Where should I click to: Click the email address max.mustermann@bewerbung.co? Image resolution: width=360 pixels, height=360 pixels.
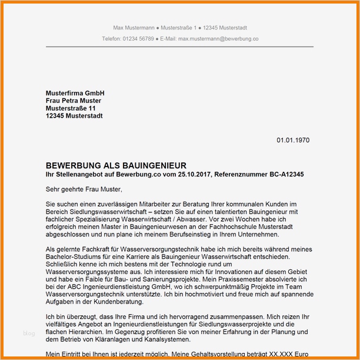click(218, 39)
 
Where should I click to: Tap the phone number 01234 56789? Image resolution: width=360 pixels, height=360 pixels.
click(138, 39)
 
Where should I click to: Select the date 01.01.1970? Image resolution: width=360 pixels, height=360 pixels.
click(293, 140)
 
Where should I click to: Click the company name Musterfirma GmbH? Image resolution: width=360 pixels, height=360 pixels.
click(75, 94)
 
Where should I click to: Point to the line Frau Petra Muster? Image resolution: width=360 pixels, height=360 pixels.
click(74, 101)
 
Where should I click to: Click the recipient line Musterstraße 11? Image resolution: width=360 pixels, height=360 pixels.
click(71, 109)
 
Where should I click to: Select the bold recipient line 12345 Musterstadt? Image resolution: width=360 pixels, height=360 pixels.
click(74, 116)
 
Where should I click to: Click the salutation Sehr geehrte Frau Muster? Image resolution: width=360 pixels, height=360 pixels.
click(84, 189)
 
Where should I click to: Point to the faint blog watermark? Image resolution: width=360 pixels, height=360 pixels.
click(29, 334)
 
